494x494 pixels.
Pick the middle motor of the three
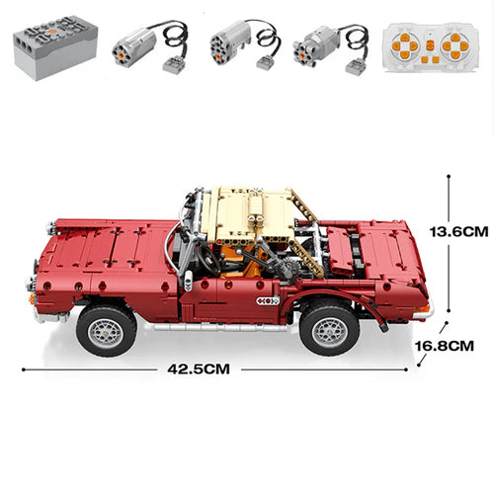tap(227, 44)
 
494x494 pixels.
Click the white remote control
tap(426, 46)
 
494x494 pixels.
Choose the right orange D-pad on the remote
tap(453, 45)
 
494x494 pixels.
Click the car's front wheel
tap(106, 329)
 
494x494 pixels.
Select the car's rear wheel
tap(329, 327)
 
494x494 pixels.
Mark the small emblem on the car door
tap(268, 300)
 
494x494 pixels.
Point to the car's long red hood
tap(109, 247)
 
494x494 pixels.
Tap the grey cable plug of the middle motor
tap(266, 62)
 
